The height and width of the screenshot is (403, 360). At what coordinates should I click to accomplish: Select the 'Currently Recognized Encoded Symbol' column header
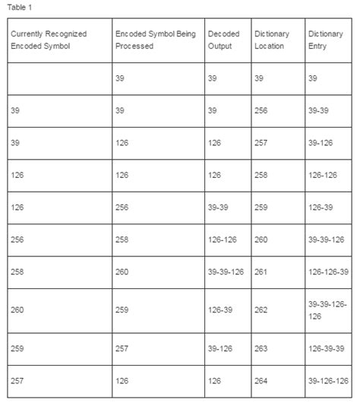click(49, 40)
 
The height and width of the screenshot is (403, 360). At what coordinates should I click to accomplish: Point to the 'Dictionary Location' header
click(271, 40)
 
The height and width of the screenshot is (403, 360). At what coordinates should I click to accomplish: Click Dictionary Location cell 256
click(261, 110)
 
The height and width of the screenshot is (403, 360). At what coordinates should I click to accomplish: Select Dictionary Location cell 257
click(261, 142)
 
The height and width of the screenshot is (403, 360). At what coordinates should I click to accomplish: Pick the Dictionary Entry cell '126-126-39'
click(328, 271)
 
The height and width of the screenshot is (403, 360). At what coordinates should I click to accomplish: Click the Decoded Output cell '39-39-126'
click(226, 271)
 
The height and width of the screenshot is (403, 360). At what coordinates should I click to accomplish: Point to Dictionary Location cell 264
click(261, 381)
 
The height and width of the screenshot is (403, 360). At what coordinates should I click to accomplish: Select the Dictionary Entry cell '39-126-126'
click(328, 381)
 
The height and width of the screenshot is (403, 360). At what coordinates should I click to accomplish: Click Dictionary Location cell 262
click(261, 309)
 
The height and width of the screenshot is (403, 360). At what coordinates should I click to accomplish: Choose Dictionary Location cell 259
click(261, 207)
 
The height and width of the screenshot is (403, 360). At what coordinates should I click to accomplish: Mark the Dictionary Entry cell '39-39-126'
click(328, 239)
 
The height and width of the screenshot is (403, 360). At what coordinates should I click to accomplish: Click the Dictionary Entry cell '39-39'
click(319, 110)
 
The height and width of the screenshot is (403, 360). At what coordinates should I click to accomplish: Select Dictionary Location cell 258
click(261, 175)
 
